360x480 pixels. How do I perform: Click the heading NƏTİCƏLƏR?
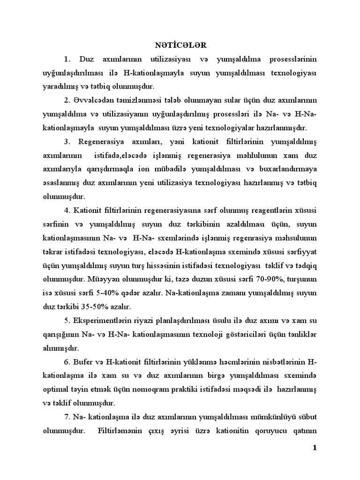[180, 45]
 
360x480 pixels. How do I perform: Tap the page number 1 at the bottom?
[315, 448]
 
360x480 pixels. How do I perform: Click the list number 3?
[67, 142]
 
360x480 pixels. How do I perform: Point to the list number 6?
[67, 362]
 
